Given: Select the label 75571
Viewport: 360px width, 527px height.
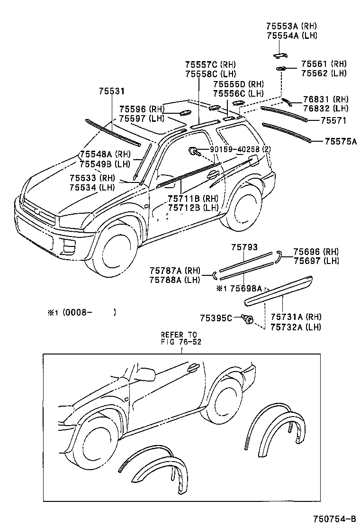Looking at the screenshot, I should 333,121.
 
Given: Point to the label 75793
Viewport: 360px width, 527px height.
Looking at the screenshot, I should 244,247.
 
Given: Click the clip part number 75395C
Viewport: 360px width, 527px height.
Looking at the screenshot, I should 216,318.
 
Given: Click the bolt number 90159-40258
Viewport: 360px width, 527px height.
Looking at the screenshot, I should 234,150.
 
